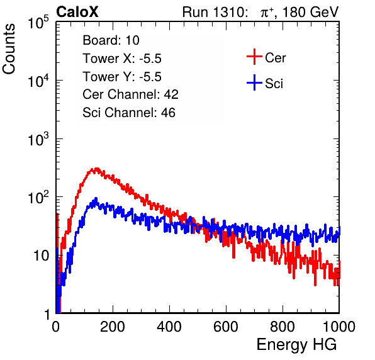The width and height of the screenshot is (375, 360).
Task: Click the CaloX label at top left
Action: pos(77,12)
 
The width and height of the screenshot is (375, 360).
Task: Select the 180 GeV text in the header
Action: pos(311,12)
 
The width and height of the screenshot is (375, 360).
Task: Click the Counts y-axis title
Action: pos(9,49)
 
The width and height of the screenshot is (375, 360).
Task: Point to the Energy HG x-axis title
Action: pos(296,345)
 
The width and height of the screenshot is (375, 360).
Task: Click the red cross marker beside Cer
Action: pos(254,57)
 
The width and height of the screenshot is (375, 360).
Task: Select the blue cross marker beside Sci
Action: pos(254,82)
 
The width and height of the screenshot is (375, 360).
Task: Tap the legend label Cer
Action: pos(275,58)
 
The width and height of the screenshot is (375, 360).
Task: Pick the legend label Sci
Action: pos(274,84)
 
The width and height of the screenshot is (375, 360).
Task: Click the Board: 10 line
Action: pos(111,40)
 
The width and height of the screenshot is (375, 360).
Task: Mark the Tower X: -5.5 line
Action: pos(122,59)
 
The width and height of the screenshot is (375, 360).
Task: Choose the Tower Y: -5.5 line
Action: pos(122,77)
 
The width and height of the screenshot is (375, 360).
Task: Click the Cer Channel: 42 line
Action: pos(131,94)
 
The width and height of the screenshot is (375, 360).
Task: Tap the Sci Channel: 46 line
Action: pos(129,113)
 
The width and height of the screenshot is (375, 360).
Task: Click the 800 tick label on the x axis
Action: pos(283,327)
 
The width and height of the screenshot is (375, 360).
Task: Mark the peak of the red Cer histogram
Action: pos(97,169)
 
